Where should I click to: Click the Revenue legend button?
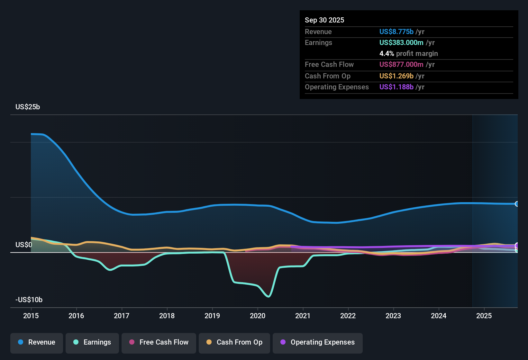coord(37,342)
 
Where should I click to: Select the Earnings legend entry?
coord(92,342)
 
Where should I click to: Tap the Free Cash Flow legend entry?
coord(159,342)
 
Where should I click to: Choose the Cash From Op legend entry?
coord(234,342)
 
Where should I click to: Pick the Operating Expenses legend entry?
coord(318,342)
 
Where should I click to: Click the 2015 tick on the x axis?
coord(31,316)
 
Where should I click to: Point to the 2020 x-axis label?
coord(258,316)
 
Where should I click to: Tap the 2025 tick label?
coord(484,316)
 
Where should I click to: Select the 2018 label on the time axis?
coord(167,316)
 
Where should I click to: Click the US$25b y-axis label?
coord(28,107)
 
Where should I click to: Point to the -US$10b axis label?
coord(29,300)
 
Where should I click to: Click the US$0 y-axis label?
coord(24,245)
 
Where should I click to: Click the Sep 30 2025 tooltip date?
coord(324,20)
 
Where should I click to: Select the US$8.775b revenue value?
coord(396,32)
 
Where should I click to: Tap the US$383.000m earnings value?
coord(401,43)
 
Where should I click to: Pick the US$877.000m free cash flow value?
coord(401,65)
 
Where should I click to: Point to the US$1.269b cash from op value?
coord(396,76)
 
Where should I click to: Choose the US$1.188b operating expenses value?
coord(396,87)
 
